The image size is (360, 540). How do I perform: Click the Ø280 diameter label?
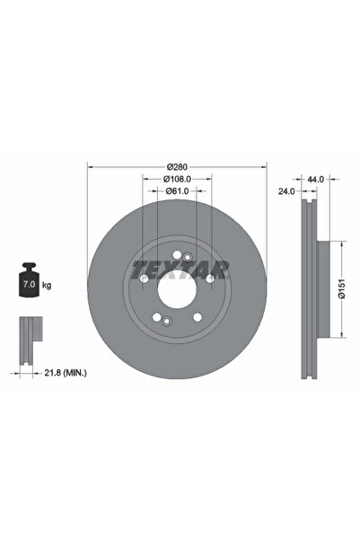click(x=177, y=167)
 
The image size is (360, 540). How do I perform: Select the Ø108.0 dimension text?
click(x=177, y=180)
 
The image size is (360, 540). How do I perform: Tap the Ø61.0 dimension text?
click(x=177, y=191)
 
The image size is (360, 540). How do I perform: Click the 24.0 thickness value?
click(x=285, y=191)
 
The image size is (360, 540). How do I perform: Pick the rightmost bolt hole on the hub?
click(x=209, y=279)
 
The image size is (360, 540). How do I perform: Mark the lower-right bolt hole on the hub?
click(x=197, y=318)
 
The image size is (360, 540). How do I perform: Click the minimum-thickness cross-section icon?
click(x=30, y=333)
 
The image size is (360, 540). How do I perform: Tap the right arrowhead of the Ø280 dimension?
click(x=264, y=167)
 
